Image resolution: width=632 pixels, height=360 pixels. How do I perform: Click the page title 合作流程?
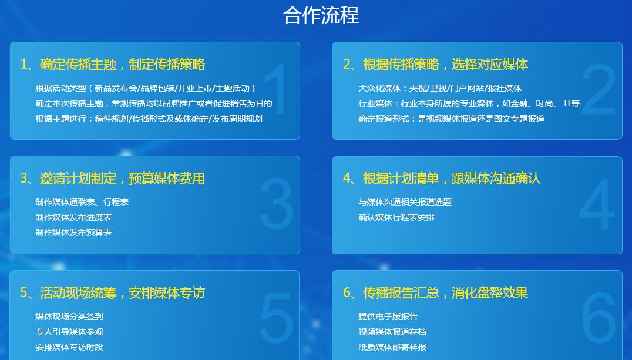321,15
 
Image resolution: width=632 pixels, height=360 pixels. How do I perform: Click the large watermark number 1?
277,89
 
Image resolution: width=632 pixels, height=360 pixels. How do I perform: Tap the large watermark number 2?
599,89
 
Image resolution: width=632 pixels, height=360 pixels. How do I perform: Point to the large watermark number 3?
277,204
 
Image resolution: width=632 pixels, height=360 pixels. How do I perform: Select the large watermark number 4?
597,204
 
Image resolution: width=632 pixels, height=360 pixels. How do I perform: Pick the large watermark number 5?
277,318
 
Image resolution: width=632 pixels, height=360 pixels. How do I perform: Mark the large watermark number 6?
599,318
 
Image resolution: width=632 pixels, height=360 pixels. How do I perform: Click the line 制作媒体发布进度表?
73,217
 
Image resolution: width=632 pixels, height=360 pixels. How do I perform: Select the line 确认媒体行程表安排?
396,217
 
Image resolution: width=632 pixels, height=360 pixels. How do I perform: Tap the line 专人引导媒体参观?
69,332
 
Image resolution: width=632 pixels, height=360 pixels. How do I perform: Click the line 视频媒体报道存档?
392,332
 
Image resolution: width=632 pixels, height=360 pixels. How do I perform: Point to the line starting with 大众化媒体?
440,88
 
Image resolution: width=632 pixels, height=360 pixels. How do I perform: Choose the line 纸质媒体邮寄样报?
392,347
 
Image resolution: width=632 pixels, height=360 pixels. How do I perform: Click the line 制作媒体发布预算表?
73,233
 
